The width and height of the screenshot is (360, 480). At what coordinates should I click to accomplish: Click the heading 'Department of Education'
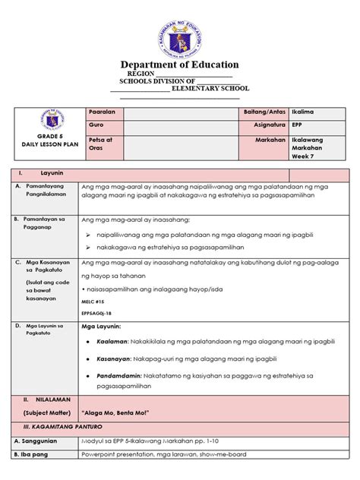tap(179, 65)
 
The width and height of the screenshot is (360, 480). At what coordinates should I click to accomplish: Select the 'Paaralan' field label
tap(103, 112)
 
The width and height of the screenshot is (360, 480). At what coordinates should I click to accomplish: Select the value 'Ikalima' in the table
tap(305, 112)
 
